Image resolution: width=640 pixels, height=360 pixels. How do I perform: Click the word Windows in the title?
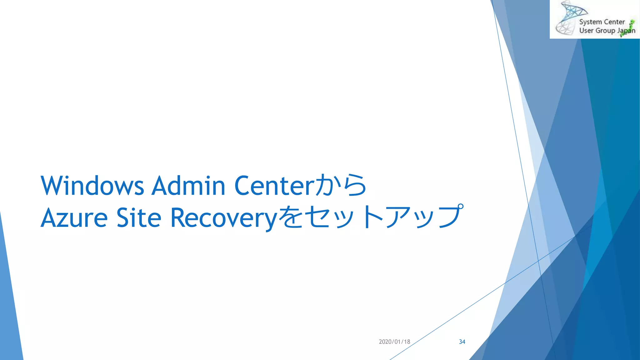(x=92, y=186)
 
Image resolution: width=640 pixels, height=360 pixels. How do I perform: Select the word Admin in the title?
(x=188, y=186)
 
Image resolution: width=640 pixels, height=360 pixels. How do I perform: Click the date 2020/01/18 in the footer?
(x=394, y=342)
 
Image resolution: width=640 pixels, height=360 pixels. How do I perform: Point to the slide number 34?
(x=462, y=342)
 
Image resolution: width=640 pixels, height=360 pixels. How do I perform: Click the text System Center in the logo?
(x=602, y=22)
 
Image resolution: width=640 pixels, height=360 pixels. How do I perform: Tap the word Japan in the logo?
(x=626, y=31)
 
